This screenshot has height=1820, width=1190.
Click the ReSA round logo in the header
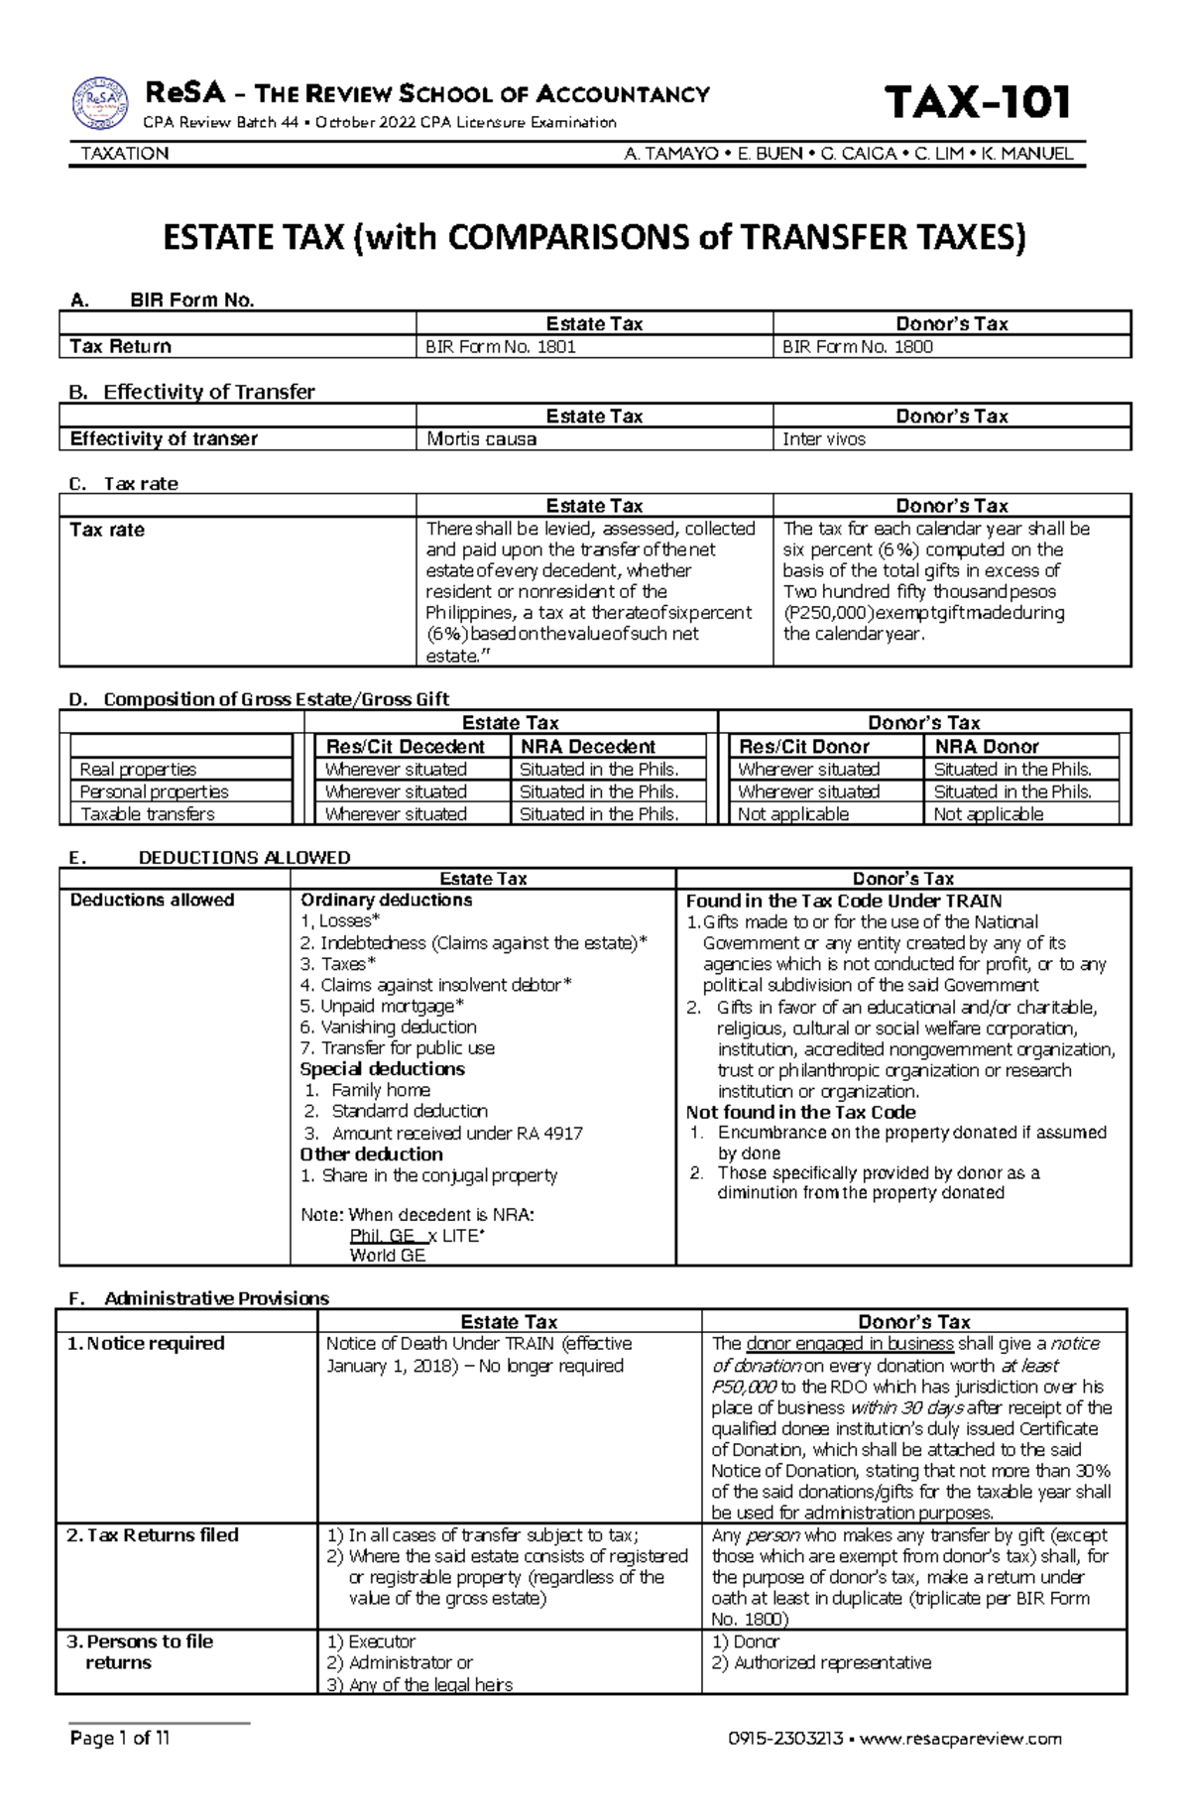tap(100, 103)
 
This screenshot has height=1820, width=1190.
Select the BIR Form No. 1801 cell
tap(501, 347)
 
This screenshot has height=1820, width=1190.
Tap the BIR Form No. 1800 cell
tap(858, 347)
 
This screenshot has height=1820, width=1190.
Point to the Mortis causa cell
tap(482, 439)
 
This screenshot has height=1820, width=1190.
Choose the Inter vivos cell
tap(824, 439)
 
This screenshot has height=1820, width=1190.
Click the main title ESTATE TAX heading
tap(595, 239)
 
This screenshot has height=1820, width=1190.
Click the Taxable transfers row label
tap(148, 814)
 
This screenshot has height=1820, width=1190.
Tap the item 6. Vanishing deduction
tap(389, 1028)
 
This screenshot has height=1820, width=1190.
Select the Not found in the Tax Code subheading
tap(800, 1113)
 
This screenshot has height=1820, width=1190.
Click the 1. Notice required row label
tap(146, 1344)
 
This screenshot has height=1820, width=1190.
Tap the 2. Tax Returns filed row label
tap(153, 1535)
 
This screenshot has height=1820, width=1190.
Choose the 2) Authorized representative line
tap(821, 1662)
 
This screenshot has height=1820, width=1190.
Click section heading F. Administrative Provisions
tap(198, 1298)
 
